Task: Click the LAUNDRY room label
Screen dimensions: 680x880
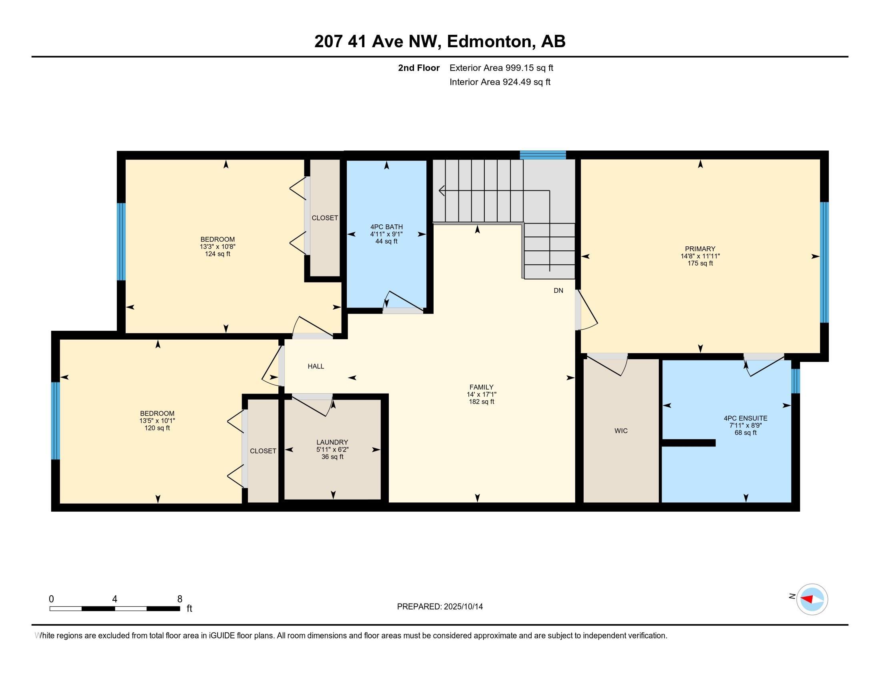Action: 332,442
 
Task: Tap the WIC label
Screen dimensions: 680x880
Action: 621,431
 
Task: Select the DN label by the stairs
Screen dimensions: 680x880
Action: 558,290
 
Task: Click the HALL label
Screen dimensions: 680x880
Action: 316,366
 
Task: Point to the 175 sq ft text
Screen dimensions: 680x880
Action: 700,264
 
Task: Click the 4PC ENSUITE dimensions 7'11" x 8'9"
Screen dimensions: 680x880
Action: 746,426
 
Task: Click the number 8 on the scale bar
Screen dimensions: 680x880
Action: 180,599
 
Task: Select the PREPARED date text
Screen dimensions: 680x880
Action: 440,607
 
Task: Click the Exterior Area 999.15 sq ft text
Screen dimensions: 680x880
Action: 501,68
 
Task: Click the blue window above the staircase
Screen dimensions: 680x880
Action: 543,155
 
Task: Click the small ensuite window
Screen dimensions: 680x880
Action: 795,381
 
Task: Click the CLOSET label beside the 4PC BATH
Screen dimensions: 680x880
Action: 325,218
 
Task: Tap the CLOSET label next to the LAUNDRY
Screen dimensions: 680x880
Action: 263,451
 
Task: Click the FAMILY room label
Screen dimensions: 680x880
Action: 481,387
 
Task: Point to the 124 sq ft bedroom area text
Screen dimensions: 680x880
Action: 218,254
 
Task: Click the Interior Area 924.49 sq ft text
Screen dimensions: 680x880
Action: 500,82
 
